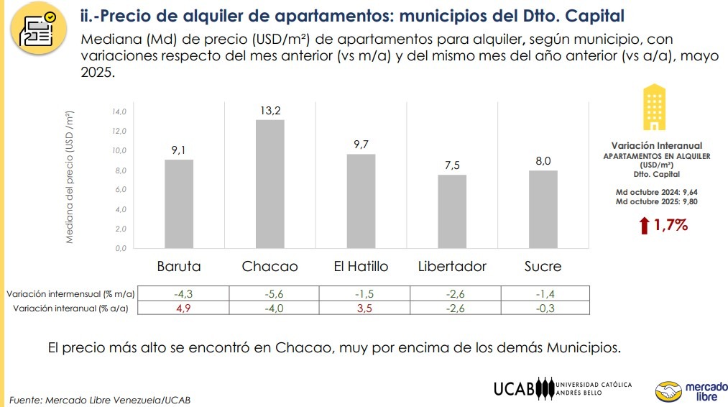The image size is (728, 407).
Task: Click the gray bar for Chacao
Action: pos(269,183)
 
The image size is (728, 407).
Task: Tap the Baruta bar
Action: pos(179,203)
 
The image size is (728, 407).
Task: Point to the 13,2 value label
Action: pos(270,110)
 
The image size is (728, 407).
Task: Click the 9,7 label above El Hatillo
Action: pos(361,145)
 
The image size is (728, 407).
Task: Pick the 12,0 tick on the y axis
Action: pos(119,131)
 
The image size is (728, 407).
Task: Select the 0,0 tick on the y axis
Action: pos(119,248)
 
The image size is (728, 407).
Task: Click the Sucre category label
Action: pos(543,266)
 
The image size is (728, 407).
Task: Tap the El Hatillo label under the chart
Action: pos(361,266)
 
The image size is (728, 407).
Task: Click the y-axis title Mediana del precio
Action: pos(70,176)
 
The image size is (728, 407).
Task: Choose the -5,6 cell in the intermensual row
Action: pos(270,293)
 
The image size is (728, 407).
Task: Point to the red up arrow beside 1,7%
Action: pos(644,226)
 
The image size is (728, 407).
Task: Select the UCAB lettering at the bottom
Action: pos(515,389)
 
